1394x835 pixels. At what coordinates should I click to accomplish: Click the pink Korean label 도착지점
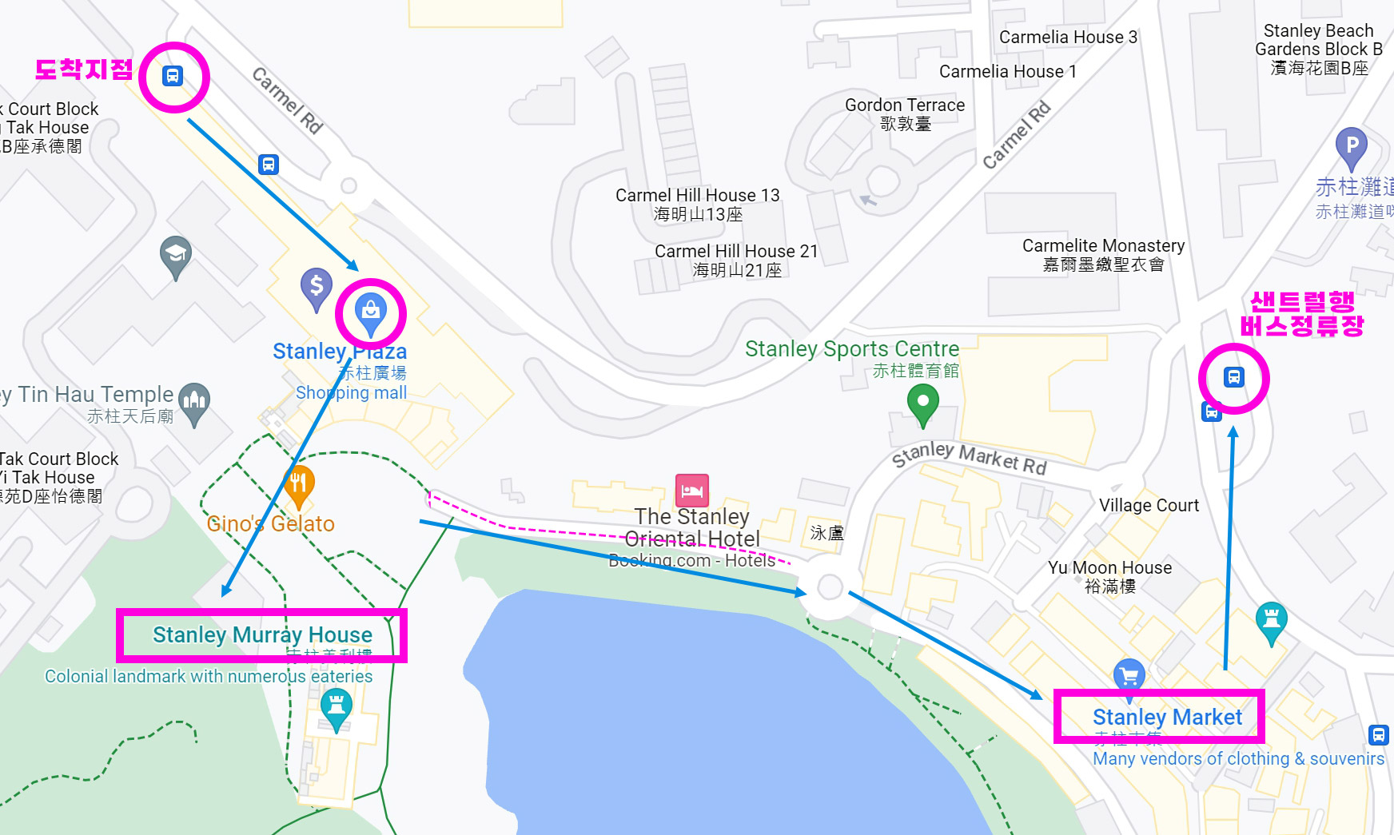pos(84,70)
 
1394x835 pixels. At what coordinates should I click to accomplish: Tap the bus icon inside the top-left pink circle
pos(173,76)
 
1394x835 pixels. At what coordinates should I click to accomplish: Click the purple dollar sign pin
pos(317,286)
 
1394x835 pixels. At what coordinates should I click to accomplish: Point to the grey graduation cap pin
pos(175,255)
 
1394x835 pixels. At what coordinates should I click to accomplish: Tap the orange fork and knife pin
pos(299,483)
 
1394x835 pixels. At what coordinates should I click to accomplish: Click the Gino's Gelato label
pos(270,523)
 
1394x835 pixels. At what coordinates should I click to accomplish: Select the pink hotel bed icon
pos(691,491)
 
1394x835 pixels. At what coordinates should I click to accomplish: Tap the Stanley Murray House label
pos(262,634)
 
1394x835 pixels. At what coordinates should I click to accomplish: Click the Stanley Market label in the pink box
pos(1167,717)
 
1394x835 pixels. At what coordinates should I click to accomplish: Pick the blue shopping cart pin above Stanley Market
pos(1129,676)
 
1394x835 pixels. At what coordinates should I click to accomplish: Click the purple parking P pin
pos(1351,145)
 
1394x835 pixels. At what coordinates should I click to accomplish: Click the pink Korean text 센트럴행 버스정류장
pos(1302,313)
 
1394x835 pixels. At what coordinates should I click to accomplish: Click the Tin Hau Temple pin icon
pos(194,400)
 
